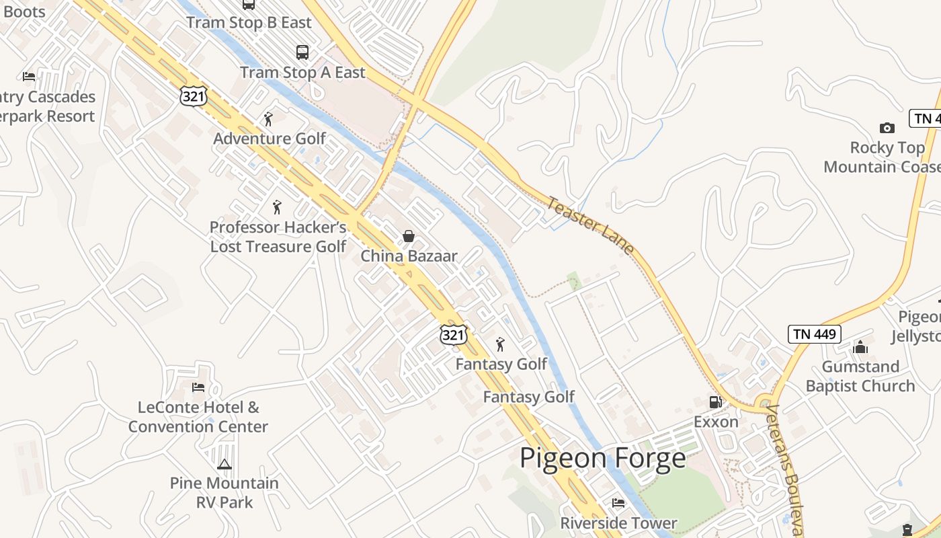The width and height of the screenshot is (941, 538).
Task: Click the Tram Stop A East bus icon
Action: click(302, 52)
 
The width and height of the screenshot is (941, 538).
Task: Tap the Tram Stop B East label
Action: click(249, 23)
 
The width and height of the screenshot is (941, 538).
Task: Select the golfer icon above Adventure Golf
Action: click(269, 119)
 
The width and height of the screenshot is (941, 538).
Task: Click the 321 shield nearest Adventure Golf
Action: click(193, 95)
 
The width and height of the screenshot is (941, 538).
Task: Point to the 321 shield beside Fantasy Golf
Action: click(453, 334)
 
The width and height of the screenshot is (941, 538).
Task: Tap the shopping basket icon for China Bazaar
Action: click(408, 236)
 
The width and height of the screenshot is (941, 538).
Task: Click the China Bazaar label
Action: click(409, 256)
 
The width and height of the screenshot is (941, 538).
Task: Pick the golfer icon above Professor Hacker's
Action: click(277, 207)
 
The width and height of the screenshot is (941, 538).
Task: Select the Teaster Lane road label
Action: click(590, 225)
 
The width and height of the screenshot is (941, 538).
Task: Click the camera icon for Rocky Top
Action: click(887, 128)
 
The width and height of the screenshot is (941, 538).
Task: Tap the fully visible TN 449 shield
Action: click(814, 334)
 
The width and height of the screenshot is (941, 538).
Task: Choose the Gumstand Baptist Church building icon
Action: click(860, 347)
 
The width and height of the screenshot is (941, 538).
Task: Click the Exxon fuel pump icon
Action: click(716, 402)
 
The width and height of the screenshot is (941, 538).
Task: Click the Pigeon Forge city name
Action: click(603, 459)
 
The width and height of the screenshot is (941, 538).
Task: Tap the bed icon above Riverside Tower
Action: click(618, 503)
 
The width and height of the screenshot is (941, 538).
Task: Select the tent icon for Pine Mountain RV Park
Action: click(224, 464)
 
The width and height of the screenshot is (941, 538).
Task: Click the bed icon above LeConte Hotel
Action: click(198, 387)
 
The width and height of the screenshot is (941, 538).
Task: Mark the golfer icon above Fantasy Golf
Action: click(500, 344)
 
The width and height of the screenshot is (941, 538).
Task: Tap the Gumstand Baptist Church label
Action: click(860, 377)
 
